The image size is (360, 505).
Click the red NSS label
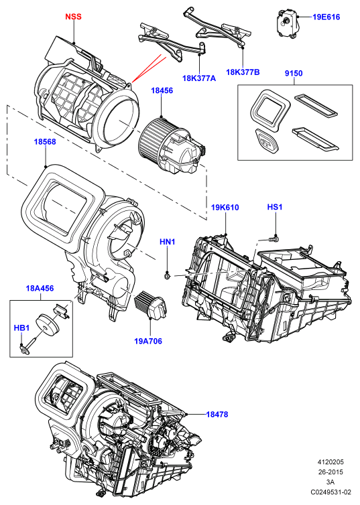(73, 17)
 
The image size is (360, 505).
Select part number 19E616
(326, 17)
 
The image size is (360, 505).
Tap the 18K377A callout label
(199, 78)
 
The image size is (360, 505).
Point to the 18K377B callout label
(243, 72)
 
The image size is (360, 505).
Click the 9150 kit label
(294, 73)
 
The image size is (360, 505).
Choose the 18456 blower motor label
(162, 90)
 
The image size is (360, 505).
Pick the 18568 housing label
(45, 141)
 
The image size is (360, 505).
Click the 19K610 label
(225, 208)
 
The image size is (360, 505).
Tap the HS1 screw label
(275, 207)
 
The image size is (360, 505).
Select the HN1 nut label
(168, 242)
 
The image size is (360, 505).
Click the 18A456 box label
(40, 288)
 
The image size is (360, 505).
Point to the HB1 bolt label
(21, 328)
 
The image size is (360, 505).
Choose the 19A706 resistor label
(148, 341)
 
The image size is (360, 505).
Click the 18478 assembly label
(217, 414)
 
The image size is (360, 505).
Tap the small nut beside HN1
(167, 276)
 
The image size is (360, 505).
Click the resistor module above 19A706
(150, 304)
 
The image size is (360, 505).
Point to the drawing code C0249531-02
(331, 492)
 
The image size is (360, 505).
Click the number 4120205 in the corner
(331, 462)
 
